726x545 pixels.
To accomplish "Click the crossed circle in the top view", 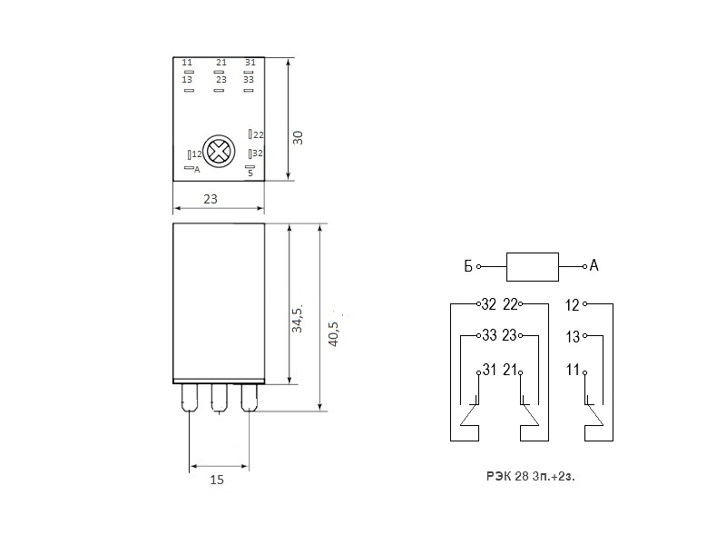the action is (219, 151).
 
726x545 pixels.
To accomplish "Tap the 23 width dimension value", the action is (211, 199).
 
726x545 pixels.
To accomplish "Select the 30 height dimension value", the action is (298, 138).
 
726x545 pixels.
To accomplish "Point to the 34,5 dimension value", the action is (297, 319).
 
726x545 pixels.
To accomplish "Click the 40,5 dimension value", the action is (333, 333).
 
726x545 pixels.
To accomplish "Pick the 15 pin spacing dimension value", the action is (217, 480).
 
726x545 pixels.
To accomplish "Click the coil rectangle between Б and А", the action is (533, 267).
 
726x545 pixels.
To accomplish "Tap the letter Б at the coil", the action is (468, 266).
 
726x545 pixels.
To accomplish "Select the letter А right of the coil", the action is (594, 265).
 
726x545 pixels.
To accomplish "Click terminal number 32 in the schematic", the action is (489, 304).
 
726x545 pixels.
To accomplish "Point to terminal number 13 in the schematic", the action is (573, 337).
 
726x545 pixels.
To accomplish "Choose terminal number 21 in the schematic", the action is (510, 370).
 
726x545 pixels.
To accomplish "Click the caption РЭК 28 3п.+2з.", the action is (531, 476).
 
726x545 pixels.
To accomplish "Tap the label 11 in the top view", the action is (187, 62).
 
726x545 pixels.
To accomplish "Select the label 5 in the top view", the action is (250, 173).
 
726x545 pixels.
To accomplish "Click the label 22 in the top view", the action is (259, 134).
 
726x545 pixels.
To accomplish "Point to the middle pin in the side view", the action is (220, 398).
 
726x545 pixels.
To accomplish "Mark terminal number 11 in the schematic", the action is (573, 370).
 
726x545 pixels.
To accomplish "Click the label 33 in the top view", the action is (249, 80).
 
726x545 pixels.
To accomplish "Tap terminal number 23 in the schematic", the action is (509, 335).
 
